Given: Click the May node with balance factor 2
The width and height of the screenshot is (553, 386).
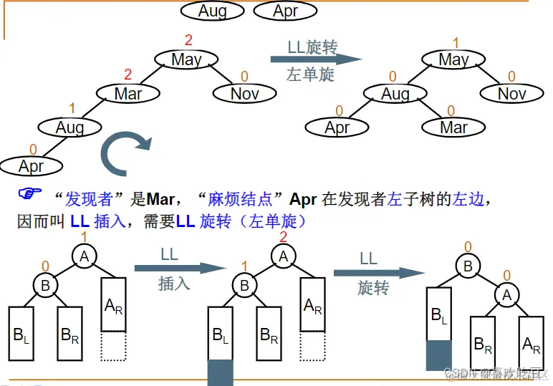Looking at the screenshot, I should (186, 59).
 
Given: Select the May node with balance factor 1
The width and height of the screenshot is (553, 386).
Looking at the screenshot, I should (453, 59).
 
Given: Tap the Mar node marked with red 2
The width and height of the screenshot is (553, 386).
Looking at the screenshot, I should (128, 93).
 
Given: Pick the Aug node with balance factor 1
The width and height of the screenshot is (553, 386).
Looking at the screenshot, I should (70, 127).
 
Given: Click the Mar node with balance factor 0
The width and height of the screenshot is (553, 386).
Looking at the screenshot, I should (453, 127).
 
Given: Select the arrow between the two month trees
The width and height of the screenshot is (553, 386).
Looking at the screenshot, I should (314, 59).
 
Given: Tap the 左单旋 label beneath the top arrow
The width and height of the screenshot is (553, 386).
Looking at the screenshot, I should (310, 75).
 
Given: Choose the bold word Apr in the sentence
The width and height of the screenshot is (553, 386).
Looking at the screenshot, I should (303, 198).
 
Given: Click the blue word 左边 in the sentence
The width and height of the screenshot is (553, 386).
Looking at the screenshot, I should (468, 198).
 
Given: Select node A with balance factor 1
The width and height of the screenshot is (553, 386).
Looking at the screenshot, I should (85, 256).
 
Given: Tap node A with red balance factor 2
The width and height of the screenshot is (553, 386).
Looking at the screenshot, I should (283, 256).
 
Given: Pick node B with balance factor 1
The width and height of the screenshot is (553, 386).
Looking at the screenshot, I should (245, 285).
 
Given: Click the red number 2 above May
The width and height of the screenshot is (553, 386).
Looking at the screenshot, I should (189, 39).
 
